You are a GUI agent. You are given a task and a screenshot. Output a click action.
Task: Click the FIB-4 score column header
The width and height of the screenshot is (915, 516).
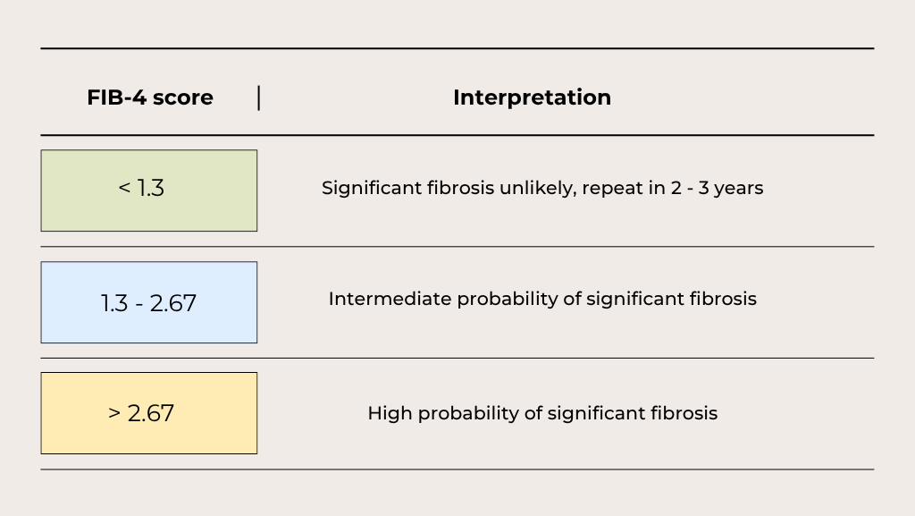click(150, 97)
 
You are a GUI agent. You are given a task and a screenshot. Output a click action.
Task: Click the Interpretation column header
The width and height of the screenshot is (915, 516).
click(533, 97)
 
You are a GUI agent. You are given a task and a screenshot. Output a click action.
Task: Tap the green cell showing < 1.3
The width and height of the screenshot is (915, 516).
click(149, 190)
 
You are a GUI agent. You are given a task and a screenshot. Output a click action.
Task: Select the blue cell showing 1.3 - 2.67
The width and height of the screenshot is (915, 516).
click(149, 302)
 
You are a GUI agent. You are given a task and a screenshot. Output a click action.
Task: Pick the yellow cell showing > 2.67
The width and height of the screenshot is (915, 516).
click(149, 413)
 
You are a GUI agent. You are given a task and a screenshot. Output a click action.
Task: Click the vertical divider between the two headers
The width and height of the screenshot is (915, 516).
click(258, 97)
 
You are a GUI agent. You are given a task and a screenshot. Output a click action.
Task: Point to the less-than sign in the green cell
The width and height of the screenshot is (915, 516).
click(124, 188)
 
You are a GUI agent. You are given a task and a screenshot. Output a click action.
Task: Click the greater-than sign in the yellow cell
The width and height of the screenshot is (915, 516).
click(114, 413)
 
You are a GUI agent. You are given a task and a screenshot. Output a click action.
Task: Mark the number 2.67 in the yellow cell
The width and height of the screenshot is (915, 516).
click(150, 413)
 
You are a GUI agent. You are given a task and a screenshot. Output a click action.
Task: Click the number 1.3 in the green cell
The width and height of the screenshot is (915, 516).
click(150, 188)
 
